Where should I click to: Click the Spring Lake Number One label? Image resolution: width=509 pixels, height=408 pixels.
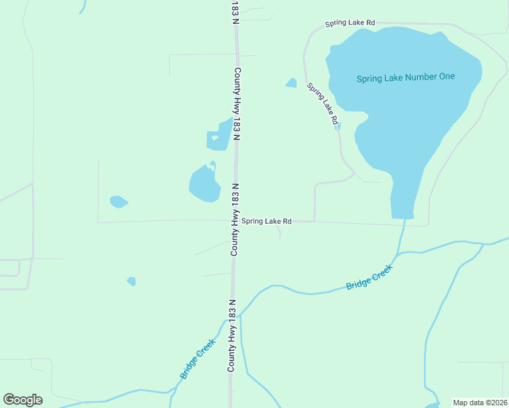(x=406, y=78)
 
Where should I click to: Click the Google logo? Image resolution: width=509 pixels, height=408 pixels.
(x=22, y=400)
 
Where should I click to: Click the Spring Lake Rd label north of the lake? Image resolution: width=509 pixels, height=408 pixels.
(x=350, y=23)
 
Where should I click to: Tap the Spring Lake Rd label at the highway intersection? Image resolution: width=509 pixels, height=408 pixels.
(x=267, y=221)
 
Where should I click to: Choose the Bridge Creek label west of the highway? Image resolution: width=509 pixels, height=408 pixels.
(x=197, y=358)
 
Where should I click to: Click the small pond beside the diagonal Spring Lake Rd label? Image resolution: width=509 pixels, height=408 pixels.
(x=291, y=83)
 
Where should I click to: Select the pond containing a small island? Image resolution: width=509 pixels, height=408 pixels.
(x=219, y=136)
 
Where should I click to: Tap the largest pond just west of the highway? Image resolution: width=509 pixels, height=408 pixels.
(x=203, y=185)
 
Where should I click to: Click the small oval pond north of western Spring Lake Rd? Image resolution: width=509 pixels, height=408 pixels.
(x=118, y=201)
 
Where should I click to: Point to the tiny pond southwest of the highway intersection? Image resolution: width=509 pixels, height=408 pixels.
(x=131, y=281)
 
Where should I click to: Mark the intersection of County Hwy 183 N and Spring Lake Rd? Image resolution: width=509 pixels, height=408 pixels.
(x=235, y=221)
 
